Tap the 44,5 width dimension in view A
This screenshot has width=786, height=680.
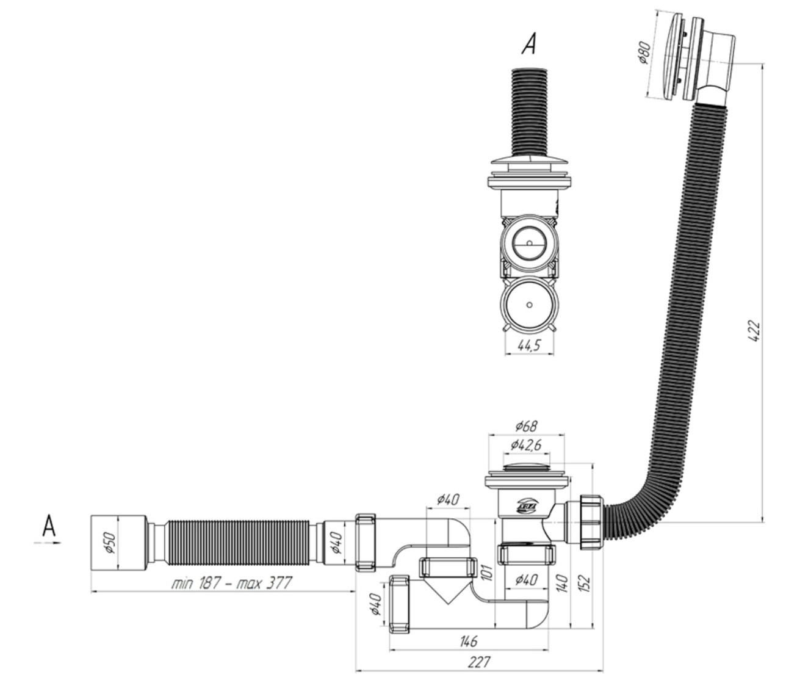528,345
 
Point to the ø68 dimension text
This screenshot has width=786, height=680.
526,425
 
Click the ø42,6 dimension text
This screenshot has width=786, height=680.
525,445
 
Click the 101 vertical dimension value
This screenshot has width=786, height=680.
487,572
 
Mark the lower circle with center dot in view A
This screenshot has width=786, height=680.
529,305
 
